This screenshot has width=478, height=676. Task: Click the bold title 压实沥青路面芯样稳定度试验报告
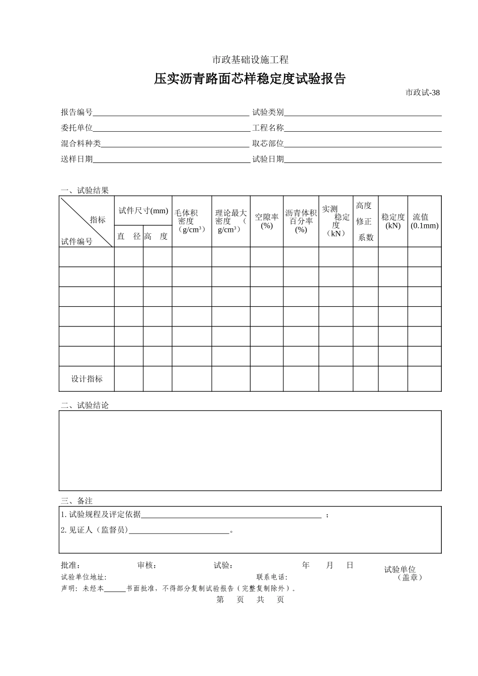click(250, 79)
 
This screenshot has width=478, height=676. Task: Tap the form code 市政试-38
click(423, 93)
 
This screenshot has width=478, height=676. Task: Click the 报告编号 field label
click(76, 112)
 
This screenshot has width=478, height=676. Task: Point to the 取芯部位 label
click(268, 143)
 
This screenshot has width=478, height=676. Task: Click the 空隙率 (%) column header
click(267, 221)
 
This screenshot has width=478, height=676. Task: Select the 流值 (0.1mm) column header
click(424, 221)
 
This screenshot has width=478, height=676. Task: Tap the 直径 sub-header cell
click(129, 236)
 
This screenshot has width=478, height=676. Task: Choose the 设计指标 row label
click(87, 379)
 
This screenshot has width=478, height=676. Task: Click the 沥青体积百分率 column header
click(301, 221)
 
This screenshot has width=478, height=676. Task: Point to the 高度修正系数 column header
click(365, 221)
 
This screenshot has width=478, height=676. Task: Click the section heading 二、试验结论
click(85, 405)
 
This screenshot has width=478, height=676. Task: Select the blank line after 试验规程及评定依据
click(231, 515)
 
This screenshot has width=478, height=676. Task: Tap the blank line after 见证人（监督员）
click(179, 531)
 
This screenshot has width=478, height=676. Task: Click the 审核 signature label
click(147, 565)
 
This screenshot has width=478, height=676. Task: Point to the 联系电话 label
click(272, 577)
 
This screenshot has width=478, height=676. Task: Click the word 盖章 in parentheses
click(410, 577)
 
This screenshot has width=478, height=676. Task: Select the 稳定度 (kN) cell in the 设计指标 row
click(392, 379)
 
